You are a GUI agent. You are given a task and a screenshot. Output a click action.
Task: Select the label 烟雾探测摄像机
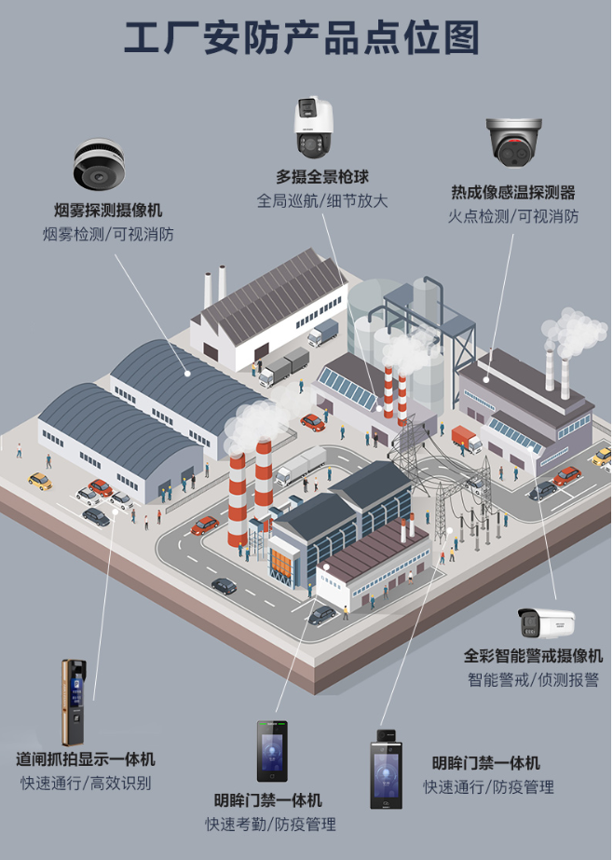pyautogui.click(x=108, y=211)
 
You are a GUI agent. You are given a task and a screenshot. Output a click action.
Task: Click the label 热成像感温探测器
pyautogui.click(x=512, y=193)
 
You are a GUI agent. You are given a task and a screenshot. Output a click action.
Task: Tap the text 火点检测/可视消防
pyautogui.click(x=512, y=216)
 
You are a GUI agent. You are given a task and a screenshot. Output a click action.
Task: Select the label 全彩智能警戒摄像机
pyautogui.click(x=533, y=656)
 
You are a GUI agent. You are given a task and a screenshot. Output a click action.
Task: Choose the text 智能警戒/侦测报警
pyautogui.click(x=533, y=679)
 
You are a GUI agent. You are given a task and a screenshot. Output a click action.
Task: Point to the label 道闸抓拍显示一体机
pyautogui.click(x=86, y=759)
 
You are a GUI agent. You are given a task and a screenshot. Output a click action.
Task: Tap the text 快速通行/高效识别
pyautogui.click(x=86, y=783)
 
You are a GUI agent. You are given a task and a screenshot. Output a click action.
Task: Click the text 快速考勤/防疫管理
pyautogui.click(x=270, y=824)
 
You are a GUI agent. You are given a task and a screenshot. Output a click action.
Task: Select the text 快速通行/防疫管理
pyautogui.click(x=488, y=786)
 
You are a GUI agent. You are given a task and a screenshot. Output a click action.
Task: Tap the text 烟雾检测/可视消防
pyautogui.click(x=108, y=234)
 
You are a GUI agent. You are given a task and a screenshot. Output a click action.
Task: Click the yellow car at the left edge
pyautogui.click(x=39, y=481)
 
